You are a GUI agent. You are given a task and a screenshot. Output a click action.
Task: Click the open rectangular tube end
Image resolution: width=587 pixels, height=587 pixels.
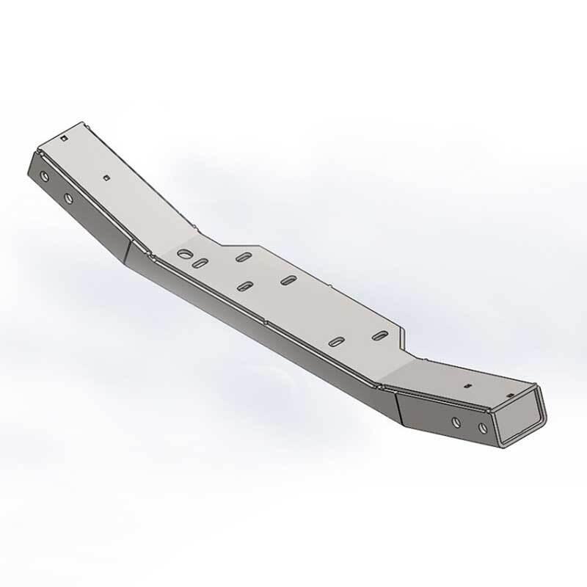[x=519, y=418]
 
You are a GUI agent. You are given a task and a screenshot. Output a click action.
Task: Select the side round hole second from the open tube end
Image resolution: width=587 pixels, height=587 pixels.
[x=456, y=422]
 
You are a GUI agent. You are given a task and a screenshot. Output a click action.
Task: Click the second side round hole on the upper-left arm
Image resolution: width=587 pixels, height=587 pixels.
[x=68, y=198]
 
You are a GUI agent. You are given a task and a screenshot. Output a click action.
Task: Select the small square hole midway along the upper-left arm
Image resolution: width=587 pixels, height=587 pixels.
[x=107, y=177]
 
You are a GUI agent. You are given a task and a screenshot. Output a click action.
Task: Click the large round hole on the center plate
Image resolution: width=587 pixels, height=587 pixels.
[x=183, y=255]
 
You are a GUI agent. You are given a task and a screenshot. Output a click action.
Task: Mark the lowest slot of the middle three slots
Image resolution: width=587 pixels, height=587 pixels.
[x=246, y=285]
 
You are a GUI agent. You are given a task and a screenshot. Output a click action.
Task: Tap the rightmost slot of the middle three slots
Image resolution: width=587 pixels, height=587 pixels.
[x=289, y=280]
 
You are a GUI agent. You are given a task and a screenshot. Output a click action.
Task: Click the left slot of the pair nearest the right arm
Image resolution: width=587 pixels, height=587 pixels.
[x=337, y=341]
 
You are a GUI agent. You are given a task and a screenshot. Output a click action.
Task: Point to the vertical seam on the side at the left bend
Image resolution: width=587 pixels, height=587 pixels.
[x=125, y=253]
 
